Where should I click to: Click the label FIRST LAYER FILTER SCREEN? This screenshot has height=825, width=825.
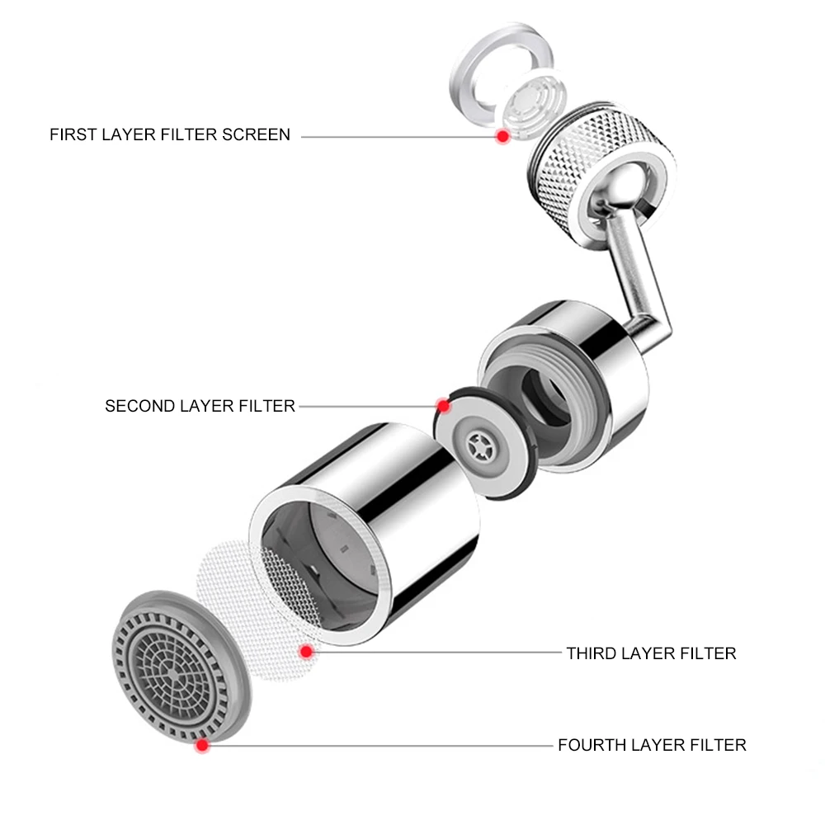click(170, 134)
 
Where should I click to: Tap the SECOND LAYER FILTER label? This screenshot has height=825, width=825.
click(200, 406)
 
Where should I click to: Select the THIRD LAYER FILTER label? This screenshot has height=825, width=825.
click(650, 653)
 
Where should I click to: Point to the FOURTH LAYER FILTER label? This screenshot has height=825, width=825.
click(652, 745)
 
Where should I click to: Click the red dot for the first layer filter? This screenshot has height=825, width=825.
click(502, 137)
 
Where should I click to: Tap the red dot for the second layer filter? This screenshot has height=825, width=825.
click(444, 406)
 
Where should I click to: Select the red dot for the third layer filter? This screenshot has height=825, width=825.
click(306, 653)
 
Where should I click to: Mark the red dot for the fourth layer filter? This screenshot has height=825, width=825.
click(200, 746)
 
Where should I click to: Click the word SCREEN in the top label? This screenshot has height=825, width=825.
click(256, 134)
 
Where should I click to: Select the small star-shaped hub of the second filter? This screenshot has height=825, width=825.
click(479, 447)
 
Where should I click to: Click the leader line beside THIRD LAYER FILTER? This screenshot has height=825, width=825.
click(437, 653)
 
